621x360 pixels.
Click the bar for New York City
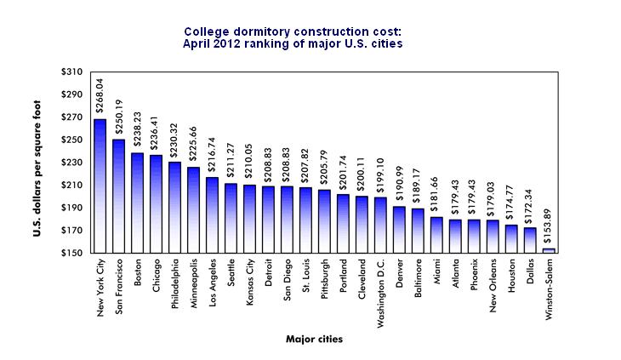tap(100, 186)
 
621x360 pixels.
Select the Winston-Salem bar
tap(549, 250)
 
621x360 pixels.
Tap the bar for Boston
tap(137, 203)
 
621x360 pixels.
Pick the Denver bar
tap(399, 230)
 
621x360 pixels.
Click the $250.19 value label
tap(119, 121)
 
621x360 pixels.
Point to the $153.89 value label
tap(549, 230)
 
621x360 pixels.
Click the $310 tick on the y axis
tap(72, 71)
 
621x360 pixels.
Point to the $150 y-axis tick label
tap(72, 253)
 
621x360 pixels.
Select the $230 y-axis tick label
tap(72, 163)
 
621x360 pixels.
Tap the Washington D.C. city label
tap(380, 293)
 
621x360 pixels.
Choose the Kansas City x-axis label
tap(250, 283)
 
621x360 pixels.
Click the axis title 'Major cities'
tap(315, 340)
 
